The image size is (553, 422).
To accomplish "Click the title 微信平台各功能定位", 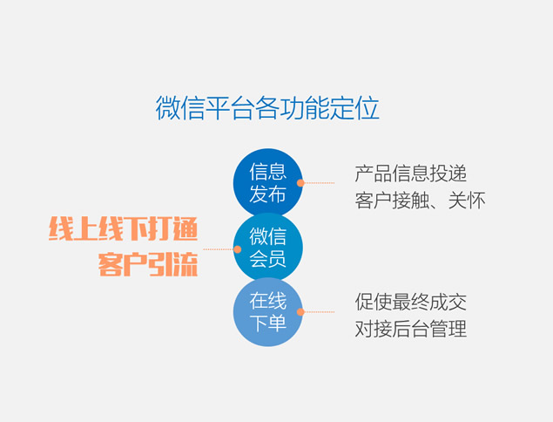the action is coord(267,108).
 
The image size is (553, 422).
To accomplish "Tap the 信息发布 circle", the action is coord(268,183).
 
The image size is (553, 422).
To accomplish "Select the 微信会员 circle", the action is coord(268,248).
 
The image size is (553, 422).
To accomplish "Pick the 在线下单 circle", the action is coord(268,312).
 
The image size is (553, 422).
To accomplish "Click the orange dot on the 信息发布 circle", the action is coord(300,183).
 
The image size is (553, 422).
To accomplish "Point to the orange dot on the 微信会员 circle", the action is coord(238,249).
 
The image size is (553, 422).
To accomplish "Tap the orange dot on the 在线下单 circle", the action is coord(300,312).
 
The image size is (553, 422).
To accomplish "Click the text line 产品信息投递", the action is coord(411,174).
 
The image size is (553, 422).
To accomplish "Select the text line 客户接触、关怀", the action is coord(420,201).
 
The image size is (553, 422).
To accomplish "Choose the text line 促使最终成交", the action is coord(411,302).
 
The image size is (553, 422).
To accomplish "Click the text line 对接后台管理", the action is coord(411,329).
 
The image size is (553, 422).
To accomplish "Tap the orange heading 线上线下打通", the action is coord(123,228).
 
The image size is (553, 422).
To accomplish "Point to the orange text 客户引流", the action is coord(148,264).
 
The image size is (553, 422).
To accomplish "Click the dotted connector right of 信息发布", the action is coord(320,183).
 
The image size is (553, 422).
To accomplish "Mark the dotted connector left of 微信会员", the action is coord(219,249).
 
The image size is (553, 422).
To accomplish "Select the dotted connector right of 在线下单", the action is coord(320,312).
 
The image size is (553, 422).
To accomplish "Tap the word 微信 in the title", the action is coord(180,108).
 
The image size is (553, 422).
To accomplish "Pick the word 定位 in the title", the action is coord(354,108).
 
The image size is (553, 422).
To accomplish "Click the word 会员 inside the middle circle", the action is coord(268,259).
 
